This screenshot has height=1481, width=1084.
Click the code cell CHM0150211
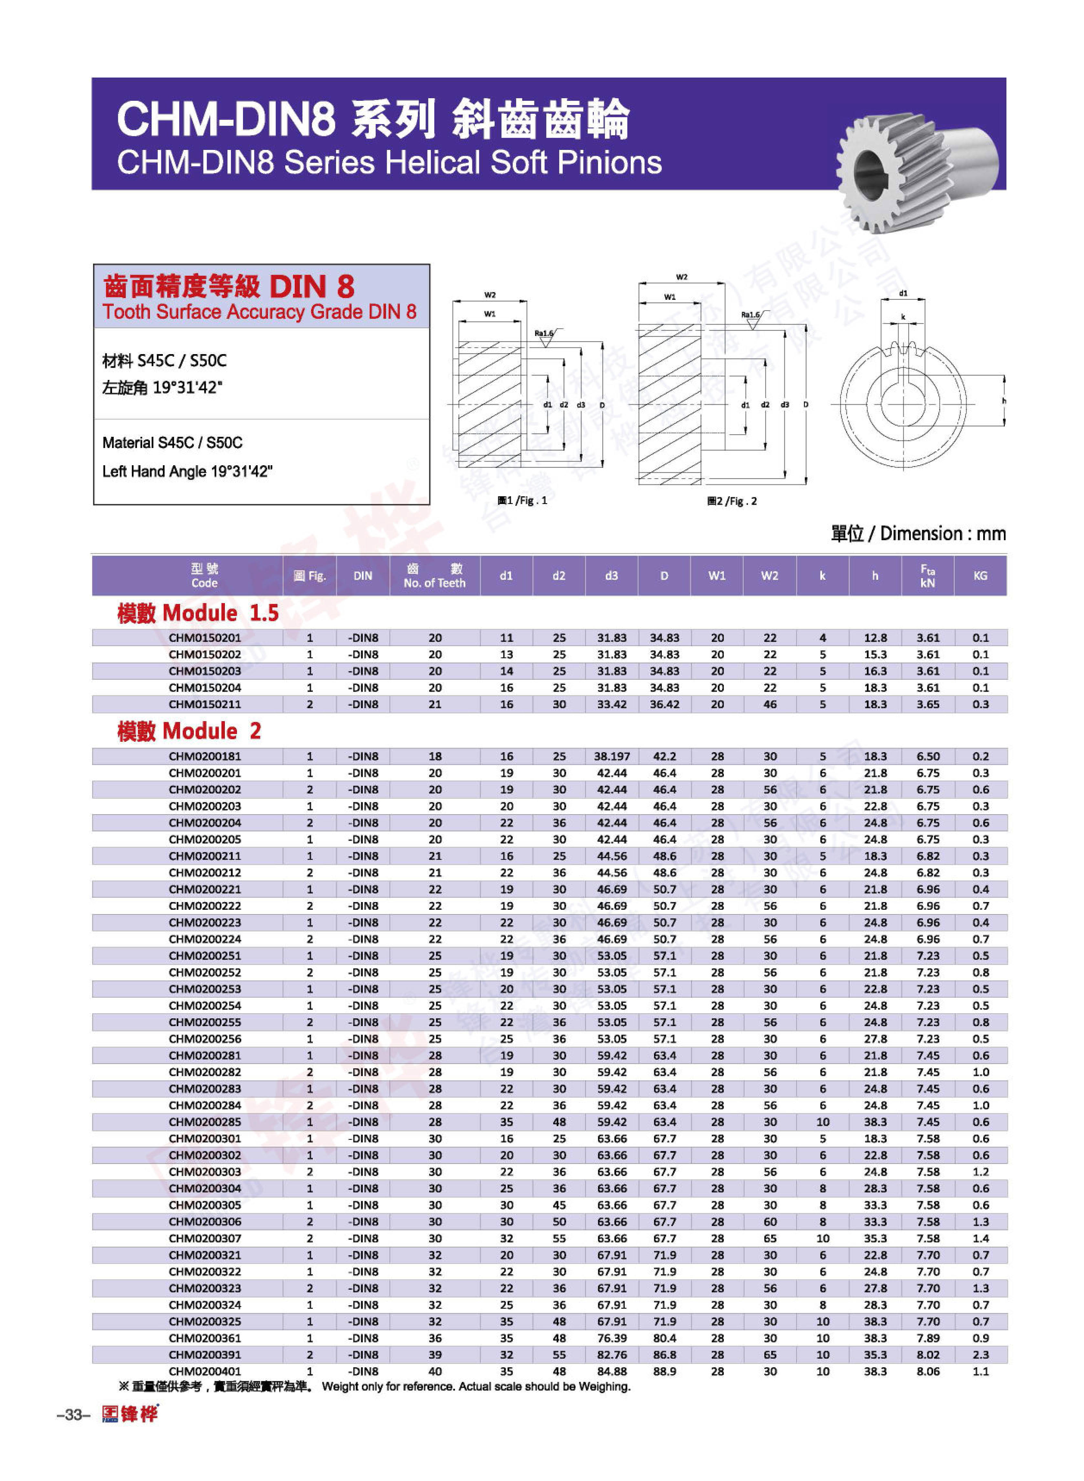(205, 704)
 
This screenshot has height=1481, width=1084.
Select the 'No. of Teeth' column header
(434, 575)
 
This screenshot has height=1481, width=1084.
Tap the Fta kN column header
(927, 575)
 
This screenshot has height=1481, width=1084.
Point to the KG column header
(980, 575)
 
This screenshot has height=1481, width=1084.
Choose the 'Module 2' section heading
(189, 731)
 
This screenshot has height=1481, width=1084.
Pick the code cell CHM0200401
(205, 1371)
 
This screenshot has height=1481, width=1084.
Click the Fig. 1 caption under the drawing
(522, 501)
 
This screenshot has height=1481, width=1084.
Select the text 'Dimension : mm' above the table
(942, 533)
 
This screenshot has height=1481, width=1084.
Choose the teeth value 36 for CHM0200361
(435, 1338)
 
